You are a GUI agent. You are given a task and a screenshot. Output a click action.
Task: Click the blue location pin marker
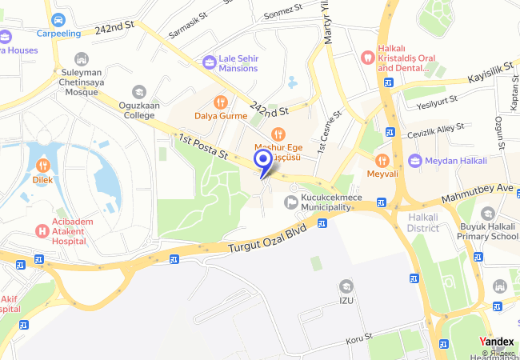[x=262, y=161]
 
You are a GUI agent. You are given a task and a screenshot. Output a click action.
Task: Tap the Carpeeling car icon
[x=58, y=19]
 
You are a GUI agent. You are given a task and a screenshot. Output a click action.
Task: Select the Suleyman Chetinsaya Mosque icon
[x=81, y=59]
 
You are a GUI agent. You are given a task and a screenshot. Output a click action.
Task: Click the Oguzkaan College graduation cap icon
[x=139, y=92]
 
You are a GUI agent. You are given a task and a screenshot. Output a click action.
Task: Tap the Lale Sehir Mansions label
[x=238, y=63]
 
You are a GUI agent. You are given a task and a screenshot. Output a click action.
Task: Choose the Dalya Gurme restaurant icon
[x=221, y=102]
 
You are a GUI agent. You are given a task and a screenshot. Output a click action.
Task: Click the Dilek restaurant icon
[x=42, y=166]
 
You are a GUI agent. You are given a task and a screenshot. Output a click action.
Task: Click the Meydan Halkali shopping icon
[x=414, y=161]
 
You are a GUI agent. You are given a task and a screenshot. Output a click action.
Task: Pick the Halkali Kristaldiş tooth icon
[x=368, y=57]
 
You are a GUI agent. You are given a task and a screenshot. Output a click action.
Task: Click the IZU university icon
[x=346, y=286]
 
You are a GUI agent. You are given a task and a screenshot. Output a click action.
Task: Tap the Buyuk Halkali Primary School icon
[x=487, y=213]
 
